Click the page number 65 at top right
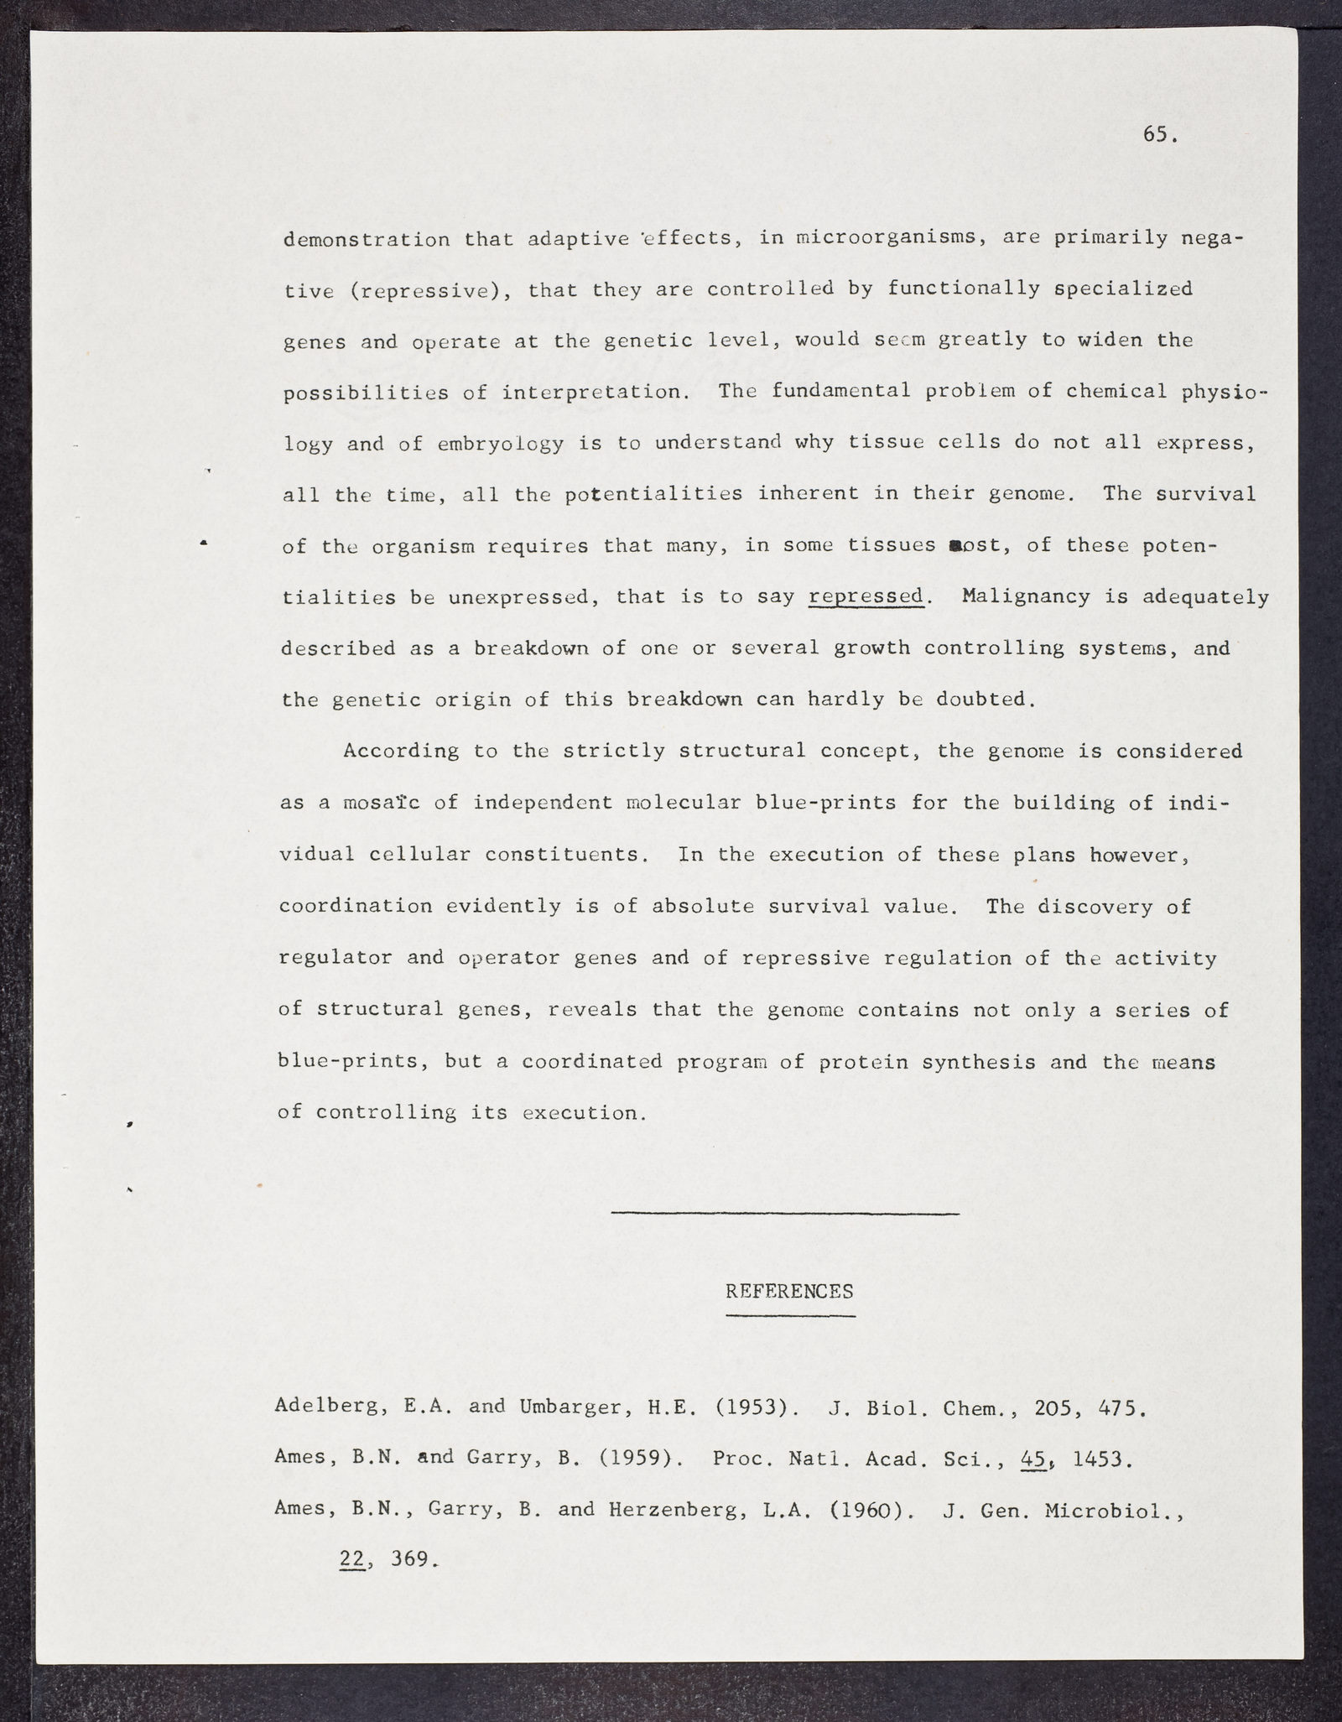click(x=1159, y=135)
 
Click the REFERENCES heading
click(x=789, y=1291)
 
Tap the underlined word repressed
click(x=866, y=596)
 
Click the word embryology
click(x=501, y=444)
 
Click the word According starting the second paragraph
click(x=401, y=751)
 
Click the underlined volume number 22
click(x=352, y=1560)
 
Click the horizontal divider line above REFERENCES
click(x=784, y=1213)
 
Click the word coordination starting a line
click(x=356, y=906)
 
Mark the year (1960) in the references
click(x=871, y=1510)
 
